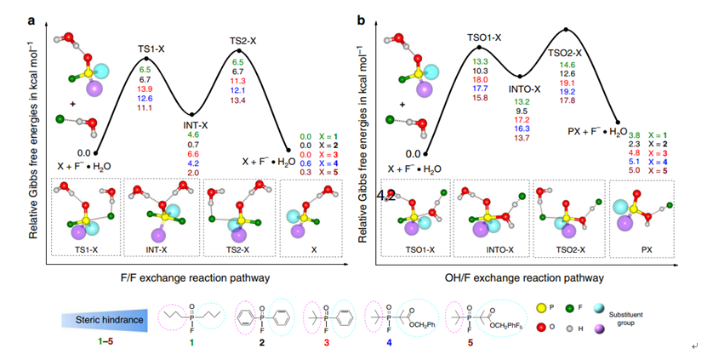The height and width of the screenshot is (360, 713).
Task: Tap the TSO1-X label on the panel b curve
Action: pyautogui.click(x=485, y=38)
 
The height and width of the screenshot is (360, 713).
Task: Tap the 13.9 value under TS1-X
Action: pyautogui.click(x=145, y=89)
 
